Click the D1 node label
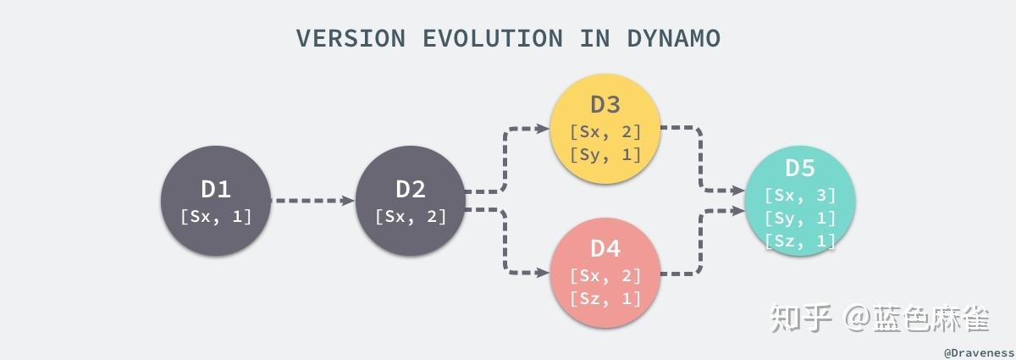216,189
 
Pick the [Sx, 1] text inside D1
216,216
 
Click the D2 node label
411,189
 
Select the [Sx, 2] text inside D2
411,216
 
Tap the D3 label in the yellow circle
605,104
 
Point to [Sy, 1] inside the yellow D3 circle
605,154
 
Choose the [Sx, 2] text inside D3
605,131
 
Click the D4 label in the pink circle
605,248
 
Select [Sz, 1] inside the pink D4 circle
605,298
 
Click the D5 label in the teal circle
800,169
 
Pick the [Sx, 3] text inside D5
800,195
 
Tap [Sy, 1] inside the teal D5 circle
800,218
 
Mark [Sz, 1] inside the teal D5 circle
800,241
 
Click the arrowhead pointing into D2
348,201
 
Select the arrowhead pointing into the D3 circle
544,129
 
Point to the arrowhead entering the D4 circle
544,273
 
